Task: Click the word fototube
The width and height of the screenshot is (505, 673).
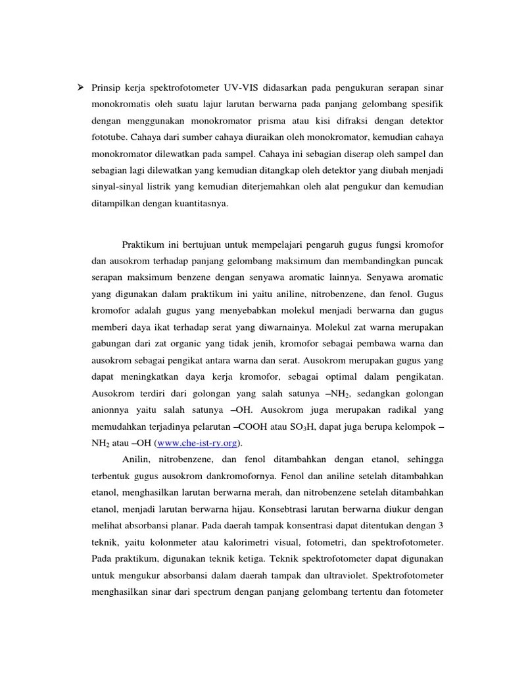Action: (109, 138)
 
